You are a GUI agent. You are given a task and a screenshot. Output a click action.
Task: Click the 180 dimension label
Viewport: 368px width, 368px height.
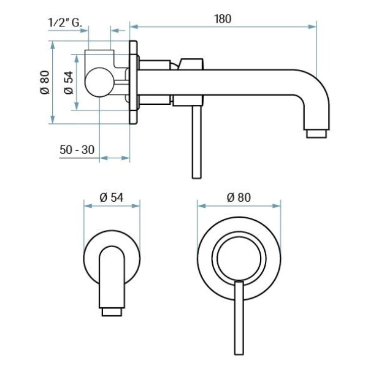[x=223, y=19]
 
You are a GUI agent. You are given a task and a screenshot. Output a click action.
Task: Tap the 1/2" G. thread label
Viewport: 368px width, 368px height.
[x=65, y=23]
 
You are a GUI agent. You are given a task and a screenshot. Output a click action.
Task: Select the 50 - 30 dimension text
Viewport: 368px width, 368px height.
[x=77, y=150]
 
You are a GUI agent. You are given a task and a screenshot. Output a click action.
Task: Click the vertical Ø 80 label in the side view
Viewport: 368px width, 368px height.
[x=45, y=82]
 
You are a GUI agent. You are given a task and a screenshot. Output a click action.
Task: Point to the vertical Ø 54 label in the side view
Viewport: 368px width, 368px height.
[x=69, y=83]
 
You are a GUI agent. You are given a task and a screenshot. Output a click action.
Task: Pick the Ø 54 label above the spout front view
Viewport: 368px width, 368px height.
[x=112, y=197]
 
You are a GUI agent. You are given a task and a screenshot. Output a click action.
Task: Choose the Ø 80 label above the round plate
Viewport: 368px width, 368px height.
[x=239, y=197]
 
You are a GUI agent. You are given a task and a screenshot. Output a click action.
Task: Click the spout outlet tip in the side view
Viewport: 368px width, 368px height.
[x=316, y=134]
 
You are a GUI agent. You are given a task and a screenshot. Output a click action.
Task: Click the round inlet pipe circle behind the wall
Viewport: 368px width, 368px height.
[x=99, y=82]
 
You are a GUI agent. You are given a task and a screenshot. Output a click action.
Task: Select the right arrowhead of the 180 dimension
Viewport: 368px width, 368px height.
[x=312, y=26]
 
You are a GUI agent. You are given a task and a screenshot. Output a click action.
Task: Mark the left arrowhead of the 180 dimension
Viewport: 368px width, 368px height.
[x=134, y=26]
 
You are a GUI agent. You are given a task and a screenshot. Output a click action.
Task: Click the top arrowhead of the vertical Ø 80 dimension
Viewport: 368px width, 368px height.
[x=53, y=45]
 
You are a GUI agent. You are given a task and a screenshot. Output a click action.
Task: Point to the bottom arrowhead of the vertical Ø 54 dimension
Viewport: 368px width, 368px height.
[x=76, y=105]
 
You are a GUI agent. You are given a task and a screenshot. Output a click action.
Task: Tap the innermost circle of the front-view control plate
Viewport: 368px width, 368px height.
[x=239, y=258]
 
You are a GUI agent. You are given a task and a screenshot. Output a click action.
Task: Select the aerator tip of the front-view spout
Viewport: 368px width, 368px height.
[x=112, y=312]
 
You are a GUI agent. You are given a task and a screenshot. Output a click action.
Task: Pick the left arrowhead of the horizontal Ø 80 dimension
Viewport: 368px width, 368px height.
[x=202, y=206]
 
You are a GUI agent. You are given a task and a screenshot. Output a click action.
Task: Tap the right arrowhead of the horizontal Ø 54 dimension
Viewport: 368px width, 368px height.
[x=136, y=206]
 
